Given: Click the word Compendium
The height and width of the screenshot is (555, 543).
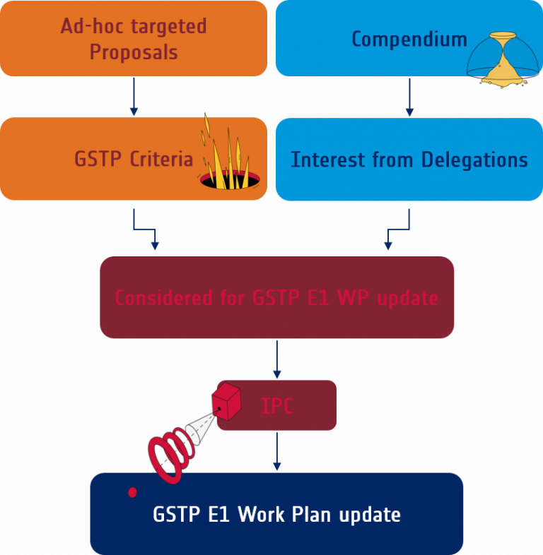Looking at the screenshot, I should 409,39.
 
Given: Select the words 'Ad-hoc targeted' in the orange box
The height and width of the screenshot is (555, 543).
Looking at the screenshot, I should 134,27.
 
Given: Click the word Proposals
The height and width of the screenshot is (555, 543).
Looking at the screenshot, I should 134,52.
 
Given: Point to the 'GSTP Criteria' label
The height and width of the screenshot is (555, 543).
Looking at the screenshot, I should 134,159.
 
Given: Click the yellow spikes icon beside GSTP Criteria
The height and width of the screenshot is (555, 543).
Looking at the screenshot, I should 226,159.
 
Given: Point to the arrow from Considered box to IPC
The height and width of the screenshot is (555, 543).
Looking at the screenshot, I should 277,359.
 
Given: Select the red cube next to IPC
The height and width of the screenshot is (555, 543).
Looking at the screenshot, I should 228,401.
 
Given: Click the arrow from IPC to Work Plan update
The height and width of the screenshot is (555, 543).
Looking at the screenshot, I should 277,452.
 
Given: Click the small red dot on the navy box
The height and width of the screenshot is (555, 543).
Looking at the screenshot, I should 132,492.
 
